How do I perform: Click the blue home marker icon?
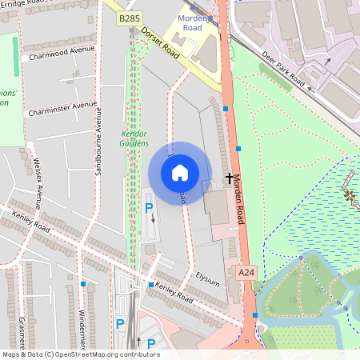[x=180, y=173]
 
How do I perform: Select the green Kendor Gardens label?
[x=134, y=138]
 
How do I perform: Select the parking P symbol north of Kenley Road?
[x=148, y=208]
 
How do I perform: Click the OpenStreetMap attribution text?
[x=80, y=354]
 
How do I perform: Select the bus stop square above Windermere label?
[x=83, y=284]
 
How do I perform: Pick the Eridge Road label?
[x=24, y=3]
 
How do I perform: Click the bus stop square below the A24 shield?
[x=254, y=315]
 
